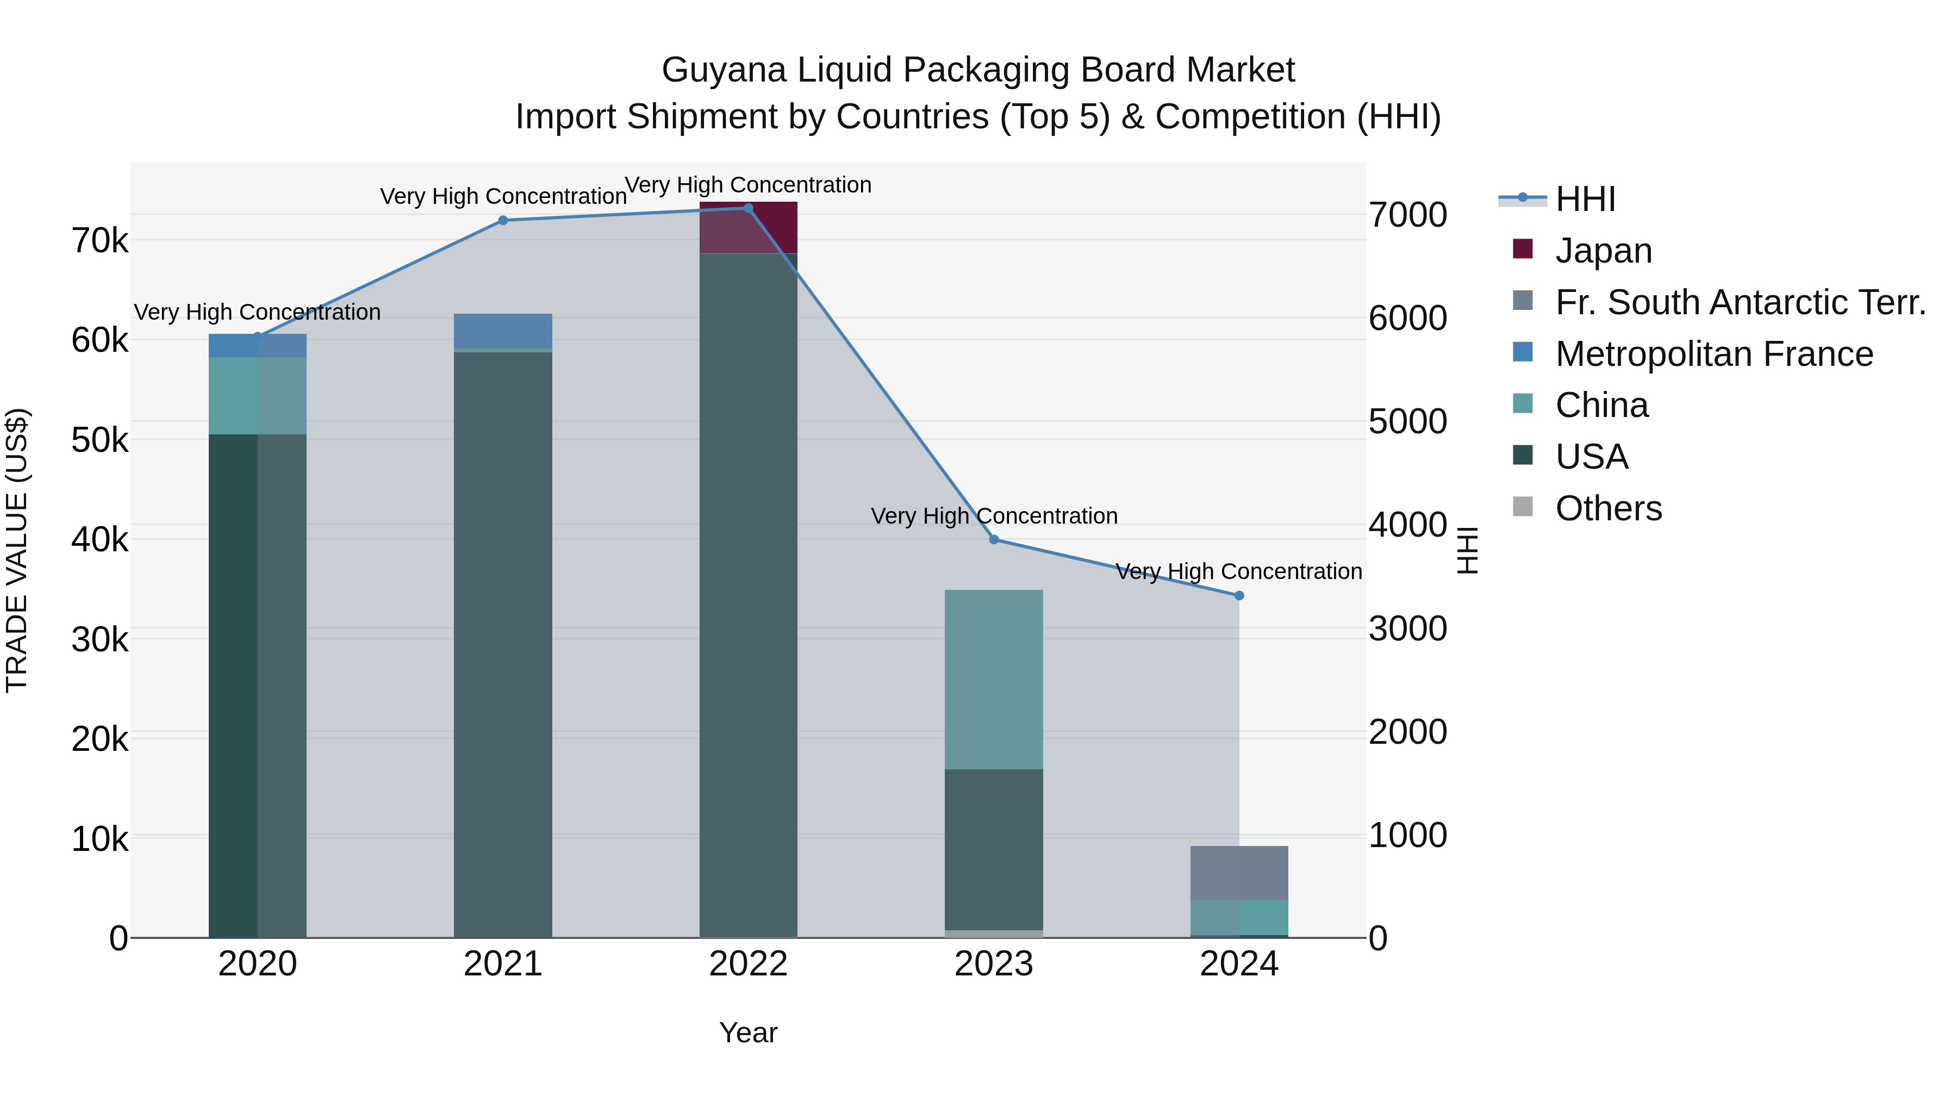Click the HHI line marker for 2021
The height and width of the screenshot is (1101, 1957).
pos(503,220)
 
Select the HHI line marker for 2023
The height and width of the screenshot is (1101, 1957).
pos(994,539)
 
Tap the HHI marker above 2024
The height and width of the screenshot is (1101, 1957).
pos(1239,596)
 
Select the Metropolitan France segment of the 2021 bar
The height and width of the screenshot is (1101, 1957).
pos(503,331)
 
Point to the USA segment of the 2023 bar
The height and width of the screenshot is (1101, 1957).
pos(994,849)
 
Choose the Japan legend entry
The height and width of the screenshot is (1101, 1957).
pos(1603,251)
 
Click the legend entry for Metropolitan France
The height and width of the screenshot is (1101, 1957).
pos(1714,354)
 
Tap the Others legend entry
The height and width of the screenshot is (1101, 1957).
pos(1609,508)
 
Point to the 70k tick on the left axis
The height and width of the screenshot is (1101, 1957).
pos(100,241)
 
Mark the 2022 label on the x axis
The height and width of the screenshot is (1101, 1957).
pos(749,964)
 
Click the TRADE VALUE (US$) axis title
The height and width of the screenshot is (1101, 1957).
pos(17,550)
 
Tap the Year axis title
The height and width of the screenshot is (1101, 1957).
pos(749,1032)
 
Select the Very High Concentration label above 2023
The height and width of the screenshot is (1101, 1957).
pos(994,516)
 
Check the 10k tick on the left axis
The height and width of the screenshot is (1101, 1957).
pos(100,839)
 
